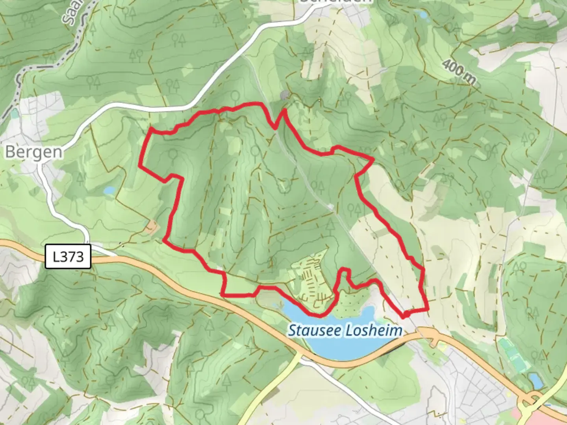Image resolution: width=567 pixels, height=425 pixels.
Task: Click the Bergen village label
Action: [x=33, y=152]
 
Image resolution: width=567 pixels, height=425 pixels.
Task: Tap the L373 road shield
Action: [x=68, y=257]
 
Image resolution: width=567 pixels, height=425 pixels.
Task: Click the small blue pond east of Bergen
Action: [x=109, y=190]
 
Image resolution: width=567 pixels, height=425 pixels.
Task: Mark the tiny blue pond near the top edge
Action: [x=423, y=15]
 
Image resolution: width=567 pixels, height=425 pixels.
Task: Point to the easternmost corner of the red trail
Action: [x=428, y=310]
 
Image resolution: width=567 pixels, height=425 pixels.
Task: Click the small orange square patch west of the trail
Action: [x=152, y=226]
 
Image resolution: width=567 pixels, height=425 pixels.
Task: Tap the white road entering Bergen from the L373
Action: [x=59, y=209]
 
